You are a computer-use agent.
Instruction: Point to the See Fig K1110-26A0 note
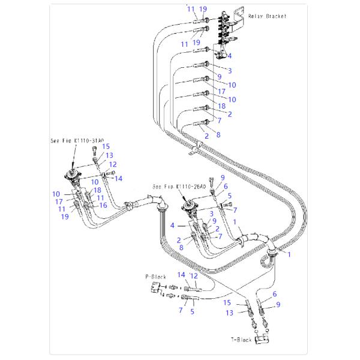[x=179, y=187]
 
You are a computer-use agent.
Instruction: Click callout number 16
[x=103, y=205]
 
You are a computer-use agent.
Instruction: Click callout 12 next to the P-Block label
[x=194, y=275]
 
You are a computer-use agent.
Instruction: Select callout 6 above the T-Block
[x=275, y=294]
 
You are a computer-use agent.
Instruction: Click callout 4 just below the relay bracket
[x=229, y=56]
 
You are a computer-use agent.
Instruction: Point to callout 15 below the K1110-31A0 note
[x=106, y=146]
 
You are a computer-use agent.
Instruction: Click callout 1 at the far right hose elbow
[x=290, y=254]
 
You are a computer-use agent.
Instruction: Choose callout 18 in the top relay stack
[x=221, y=106]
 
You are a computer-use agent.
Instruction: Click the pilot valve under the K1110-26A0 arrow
[x=191, y=207]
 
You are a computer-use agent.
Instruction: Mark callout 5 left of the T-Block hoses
[x=193, y=311]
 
